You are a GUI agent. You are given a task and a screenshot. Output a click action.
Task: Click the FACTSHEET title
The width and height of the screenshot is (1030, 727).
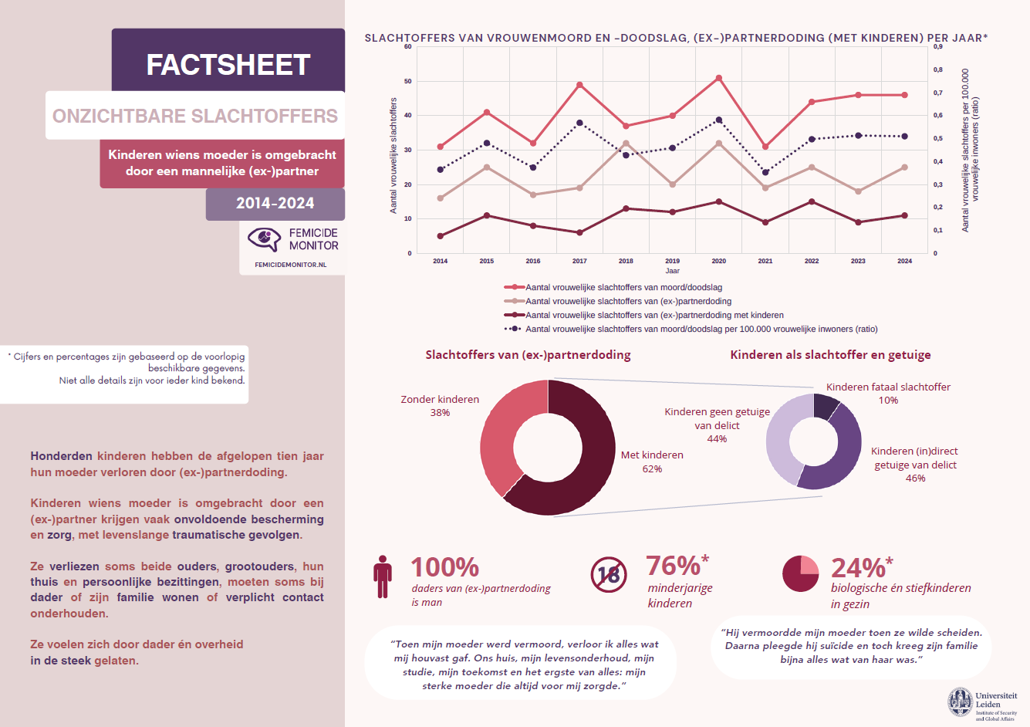click(228, 65)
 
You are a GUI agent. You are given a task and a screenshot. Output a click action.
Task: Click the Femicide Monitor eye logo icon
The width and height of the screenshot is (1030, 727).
click(265, 238)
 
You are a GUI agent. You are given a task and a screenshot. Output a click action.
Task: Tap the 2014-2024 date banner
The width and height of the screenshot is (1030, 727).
click(275, 204)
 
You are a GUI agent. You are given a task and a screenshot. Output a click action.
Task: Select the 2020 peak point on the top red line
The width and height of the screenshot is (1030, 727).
click(718, 78)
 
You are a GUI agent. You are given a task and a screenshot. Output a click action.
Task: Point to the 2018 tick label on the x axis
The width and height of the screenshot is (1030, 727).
click(626, 261)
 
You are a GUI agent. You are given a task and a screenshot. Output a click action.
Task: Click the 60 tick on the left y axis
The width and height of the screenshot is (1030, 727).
click(408, 46)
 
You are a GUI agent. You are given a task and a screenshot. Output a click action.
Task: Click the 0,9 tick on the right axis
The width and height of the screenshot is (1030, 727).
click(937, 46)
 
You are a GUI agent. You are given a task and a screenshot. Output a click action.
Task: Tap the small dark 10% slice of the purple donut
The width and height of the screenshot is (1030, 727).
click(825, 406)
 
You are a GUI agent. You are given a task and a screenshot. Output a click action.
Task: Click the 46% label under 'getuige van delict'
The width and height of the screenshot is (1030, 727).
click(915, 478)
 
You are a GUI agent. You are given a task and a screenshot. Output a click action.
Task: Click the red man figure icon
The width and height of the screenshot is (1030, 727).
click(382, 577)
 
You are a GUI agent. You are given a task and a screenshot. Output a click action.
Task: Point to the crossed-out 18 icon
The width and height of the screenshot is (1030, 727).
click(609, 575)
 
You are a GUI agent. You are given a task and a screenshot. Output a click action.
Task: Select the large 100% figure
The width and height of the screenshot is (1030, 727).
click(444, 567)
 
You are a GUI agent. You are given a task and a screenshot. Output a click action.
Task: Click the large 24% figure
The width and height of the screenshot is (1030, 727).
click(858, 568)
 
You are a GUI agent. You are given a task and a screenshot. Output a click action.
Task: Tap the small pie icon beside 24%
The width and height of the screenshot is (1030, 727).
click(800, 573)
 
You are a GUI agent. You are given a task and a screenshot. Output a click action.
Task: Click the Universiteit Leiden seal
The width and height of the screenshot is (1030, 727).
click(961, 702)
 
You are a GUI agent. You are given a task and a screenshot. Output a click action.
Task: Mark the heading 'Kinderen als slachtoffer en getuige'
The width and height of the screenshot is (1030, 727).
click(830, 355)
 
